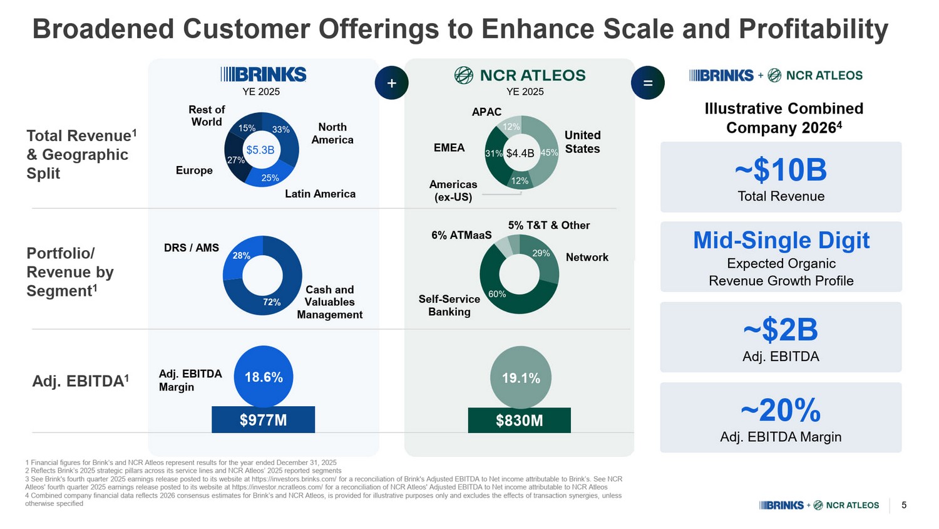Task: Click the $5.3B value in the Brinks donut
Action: (x=260, y=150)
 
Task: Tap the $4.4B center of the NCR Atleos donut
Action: (x=520, y=153)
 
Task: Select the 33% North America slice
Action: (x=281, y=130)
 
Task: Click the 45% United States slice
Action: (x=548, y=153)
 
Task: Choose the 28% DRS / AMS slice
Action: (x=242, y=256)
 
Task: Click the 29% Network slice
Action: (x=541, y=254)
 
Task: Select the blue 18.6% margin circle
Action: (x=264, y=377)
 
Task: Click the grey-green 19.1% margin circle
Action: (x=521, y=377)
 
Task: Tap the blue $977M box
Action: (x=263, y=420)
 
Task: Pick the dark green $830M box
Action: (x=519, y=421)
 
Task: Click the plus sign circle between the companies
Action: (x=392, y=83)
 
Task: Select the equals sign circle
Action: (x=648, y=83)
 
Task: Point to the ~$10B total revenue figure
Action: (x=781, y=170)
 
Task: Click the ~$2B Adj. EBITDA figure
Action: (x=781, y=330)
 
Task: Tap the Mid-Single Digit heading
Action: (x=781, y=240)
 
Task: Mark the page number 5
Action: (x=904, y=505)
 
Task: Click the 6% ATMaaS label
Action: (x=461, y=235)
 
